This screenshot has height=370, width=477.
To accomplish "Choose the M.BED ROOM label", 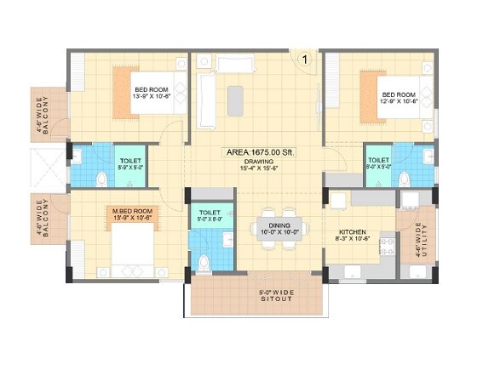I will (x=133, y=209).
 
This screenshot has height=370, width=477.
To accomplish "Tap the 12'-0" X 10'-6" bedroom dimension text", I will (x=398, y=102).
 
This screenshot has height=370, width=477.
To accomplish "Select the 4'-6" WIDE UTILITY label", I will (x=418, y=241).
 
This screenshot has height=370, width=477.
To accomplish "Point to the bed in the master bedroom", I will (x=128, y=248).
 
